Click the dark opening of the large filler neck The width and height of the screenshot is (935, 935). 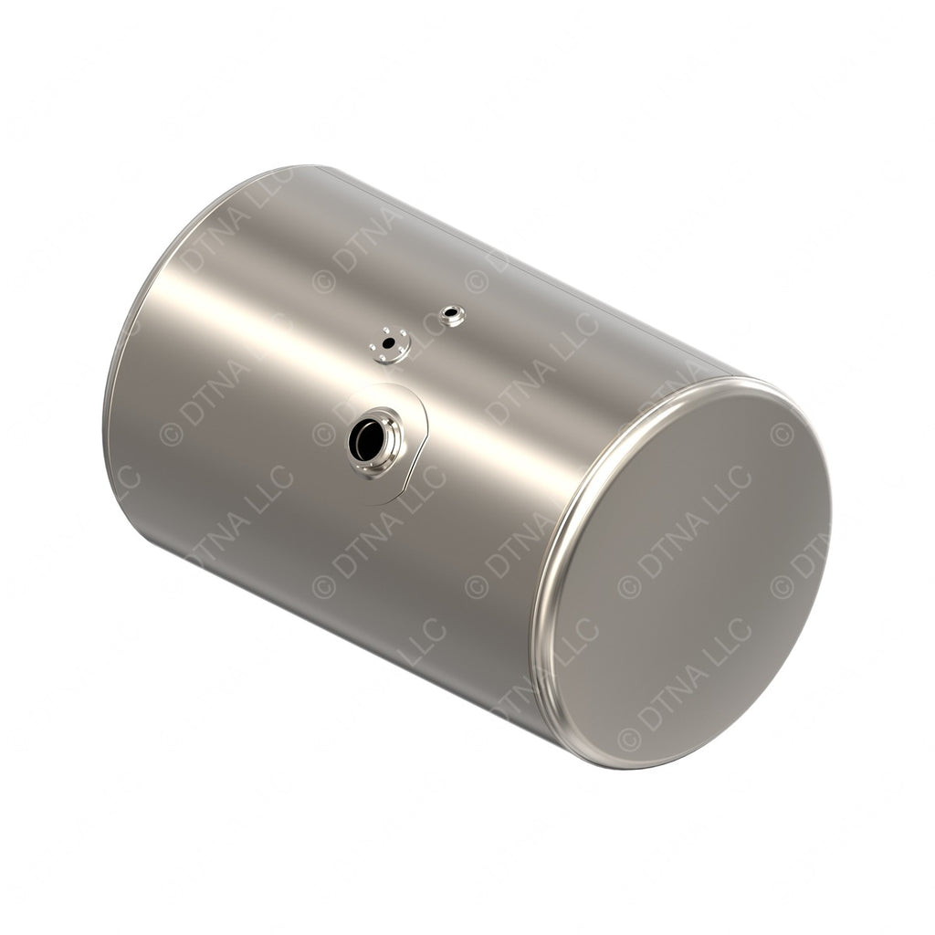[367, 441]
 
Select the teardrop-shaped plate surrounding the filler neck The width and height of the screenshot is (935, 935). [408, 406]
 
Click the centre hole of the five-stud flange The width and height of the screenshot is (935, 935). [391, 344]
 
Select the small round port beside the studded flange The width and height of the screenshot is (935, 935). [450, 316]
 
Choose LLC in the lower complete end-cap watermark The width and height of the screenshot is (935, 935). [729, 636]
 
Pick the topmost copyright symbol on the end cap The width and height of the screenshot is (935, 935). [782, 436]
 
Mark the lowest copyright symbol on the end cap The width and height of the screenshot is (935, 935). [629, 738]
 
